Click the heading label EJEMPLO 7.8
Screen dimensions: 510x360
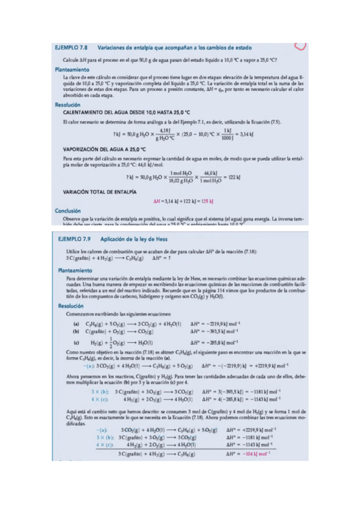point(72,48)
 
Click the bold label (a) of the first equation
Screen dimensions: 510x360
point(75,322)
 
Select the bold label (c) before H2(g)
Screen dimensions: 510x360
point(75,342)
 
